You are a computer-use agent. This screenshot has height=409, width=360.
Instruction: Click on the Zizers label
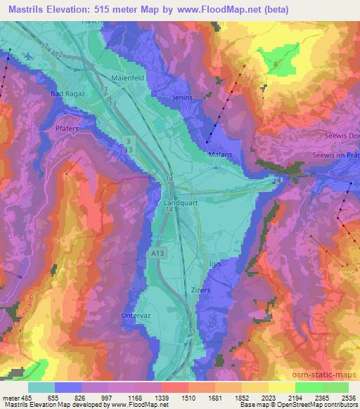[200, 289]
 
